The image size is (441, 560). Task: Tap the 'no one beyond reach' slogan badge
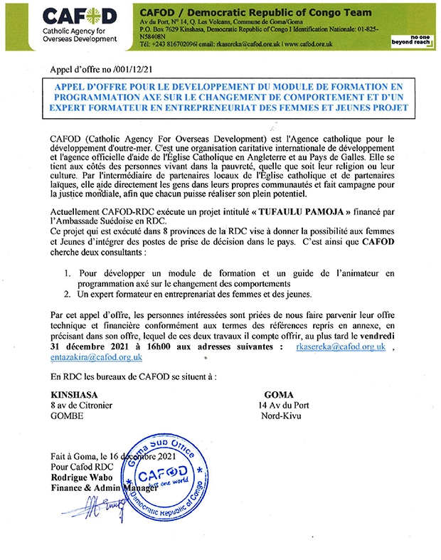411,40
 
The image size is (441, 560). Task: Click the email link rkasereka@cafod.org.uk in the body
340,346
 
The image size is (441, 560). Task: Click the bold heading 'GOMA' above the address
278,394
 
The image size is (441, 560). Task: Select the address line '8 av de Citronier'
81,405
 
